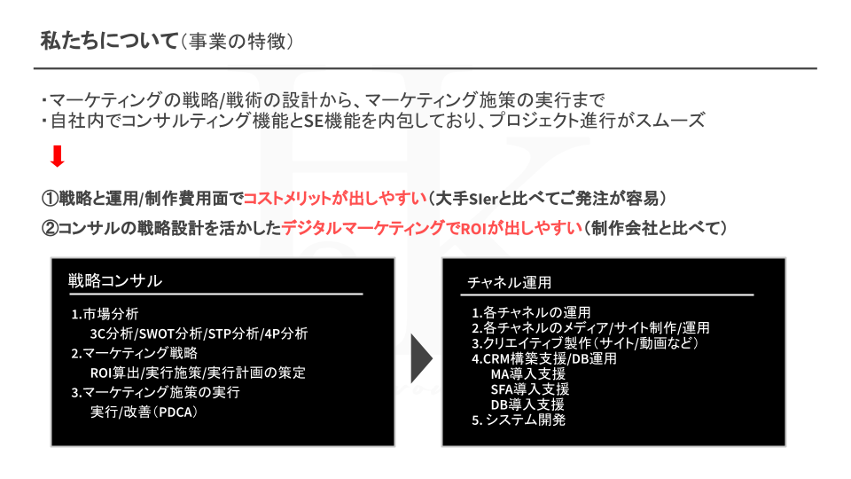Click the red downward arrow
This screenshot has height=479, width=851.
tap(58, 157)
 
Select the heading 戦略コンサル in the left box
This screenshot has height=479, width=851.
tap(115, 281)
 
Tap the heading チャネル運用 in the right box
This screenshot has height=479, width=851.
tap(510, 283)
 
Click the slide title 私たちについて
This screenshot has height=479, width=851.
tap(109, 42)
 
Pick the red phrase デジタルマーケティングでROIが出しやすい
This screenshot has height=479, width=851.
tap(431, 228)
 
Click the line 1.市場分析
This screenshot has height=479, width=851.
tap(105, 314)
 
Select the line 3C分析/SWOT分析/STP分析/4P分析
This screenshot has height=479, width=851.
tap(199, 334)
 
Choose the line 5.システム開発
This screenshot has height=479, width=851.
tap(519, 420)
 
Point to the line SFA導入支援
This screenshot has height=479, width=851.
tap(529, 389)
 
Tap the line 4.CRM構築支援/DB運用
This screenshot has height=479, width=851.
tap(544, 358)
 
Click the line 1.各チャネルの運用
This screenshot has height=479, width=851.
tap(531, 312)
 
